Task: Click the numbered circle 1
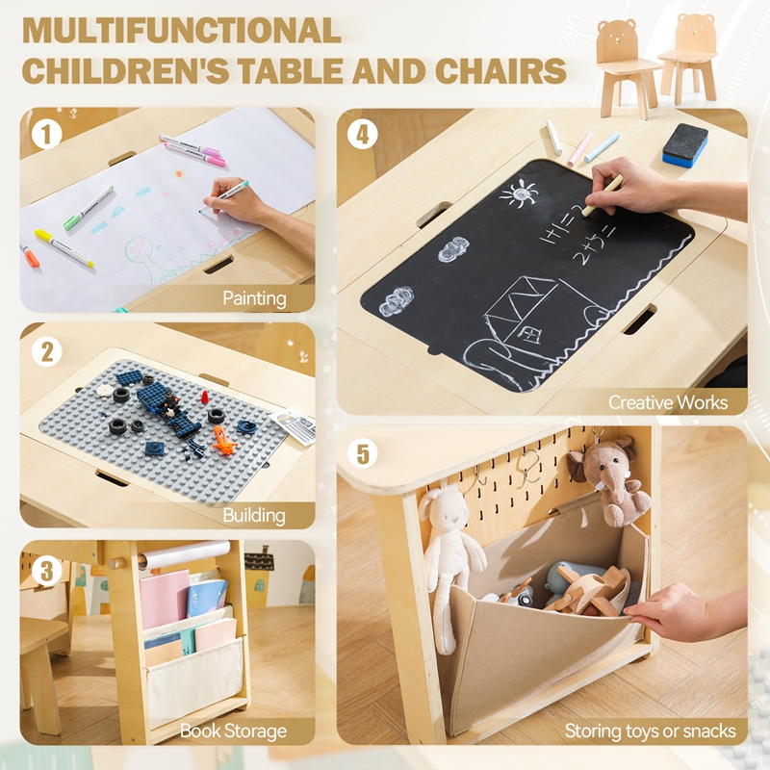coord(46,134)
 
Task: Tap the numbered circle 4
coord(363,134)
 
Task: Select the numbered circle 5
coord(363,452)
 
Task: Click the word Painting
coord(254,298)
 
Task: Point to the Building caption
coord(254,515)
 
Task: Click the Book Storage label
coord(233,731)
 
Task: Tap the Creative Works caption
coord(668,402)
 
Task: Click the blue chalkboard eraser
coord(685,143)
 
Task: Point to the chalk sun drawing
coord(519,193)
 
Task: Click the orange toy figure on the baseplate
coord(223,440)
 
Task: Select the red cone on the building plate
coord(205,396)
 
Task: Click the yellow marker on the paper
coord(64,248)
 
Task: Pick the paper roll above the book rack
coord(184,554)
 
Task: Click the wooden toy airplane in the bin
coord(589,589)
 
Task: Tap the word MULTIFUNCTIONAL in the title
coord(182,31)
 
